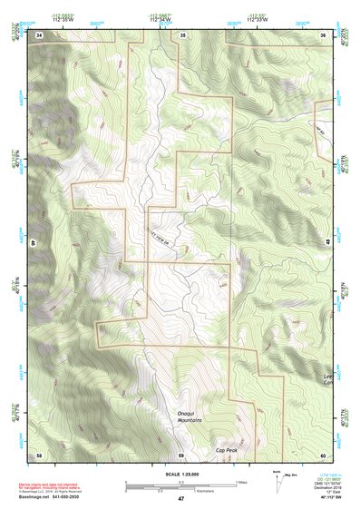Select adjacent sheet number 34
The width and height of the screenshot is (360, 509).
[39, 34]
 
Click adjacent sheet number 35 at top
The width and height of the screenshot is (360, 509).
[182, 34]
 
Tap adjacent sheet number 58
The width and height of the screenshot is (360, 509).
[39, 454]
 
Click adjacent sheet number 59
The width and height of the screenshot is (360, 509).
[180, 454]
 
